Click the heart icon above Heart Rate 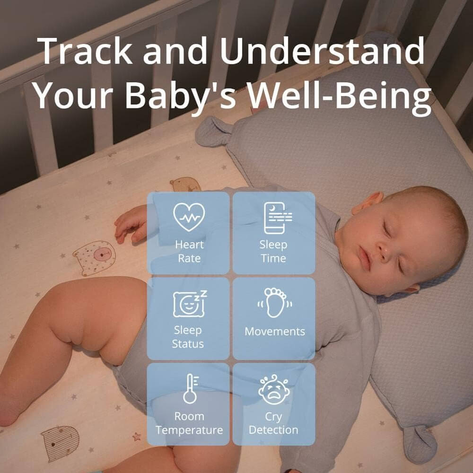(x=189, y=217)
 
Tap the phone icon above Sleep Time (x=277, y=218)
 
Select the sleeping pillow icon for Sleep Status (x=190, y=304)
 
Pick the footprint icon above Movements (x=274, y=303)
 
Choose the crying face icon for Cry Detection (x=274, y=390)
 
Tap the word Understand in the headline (x=322, y=51)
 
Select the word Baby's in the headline (x=180, y=96)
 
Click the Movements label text (x=275, y=332)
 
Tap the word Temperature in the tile (x=189, y=430)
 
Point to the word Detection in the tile (x=273, y=430)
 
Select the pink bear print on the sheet (x=95, y=257)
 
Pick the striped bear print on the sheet (x=60, y=443)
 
